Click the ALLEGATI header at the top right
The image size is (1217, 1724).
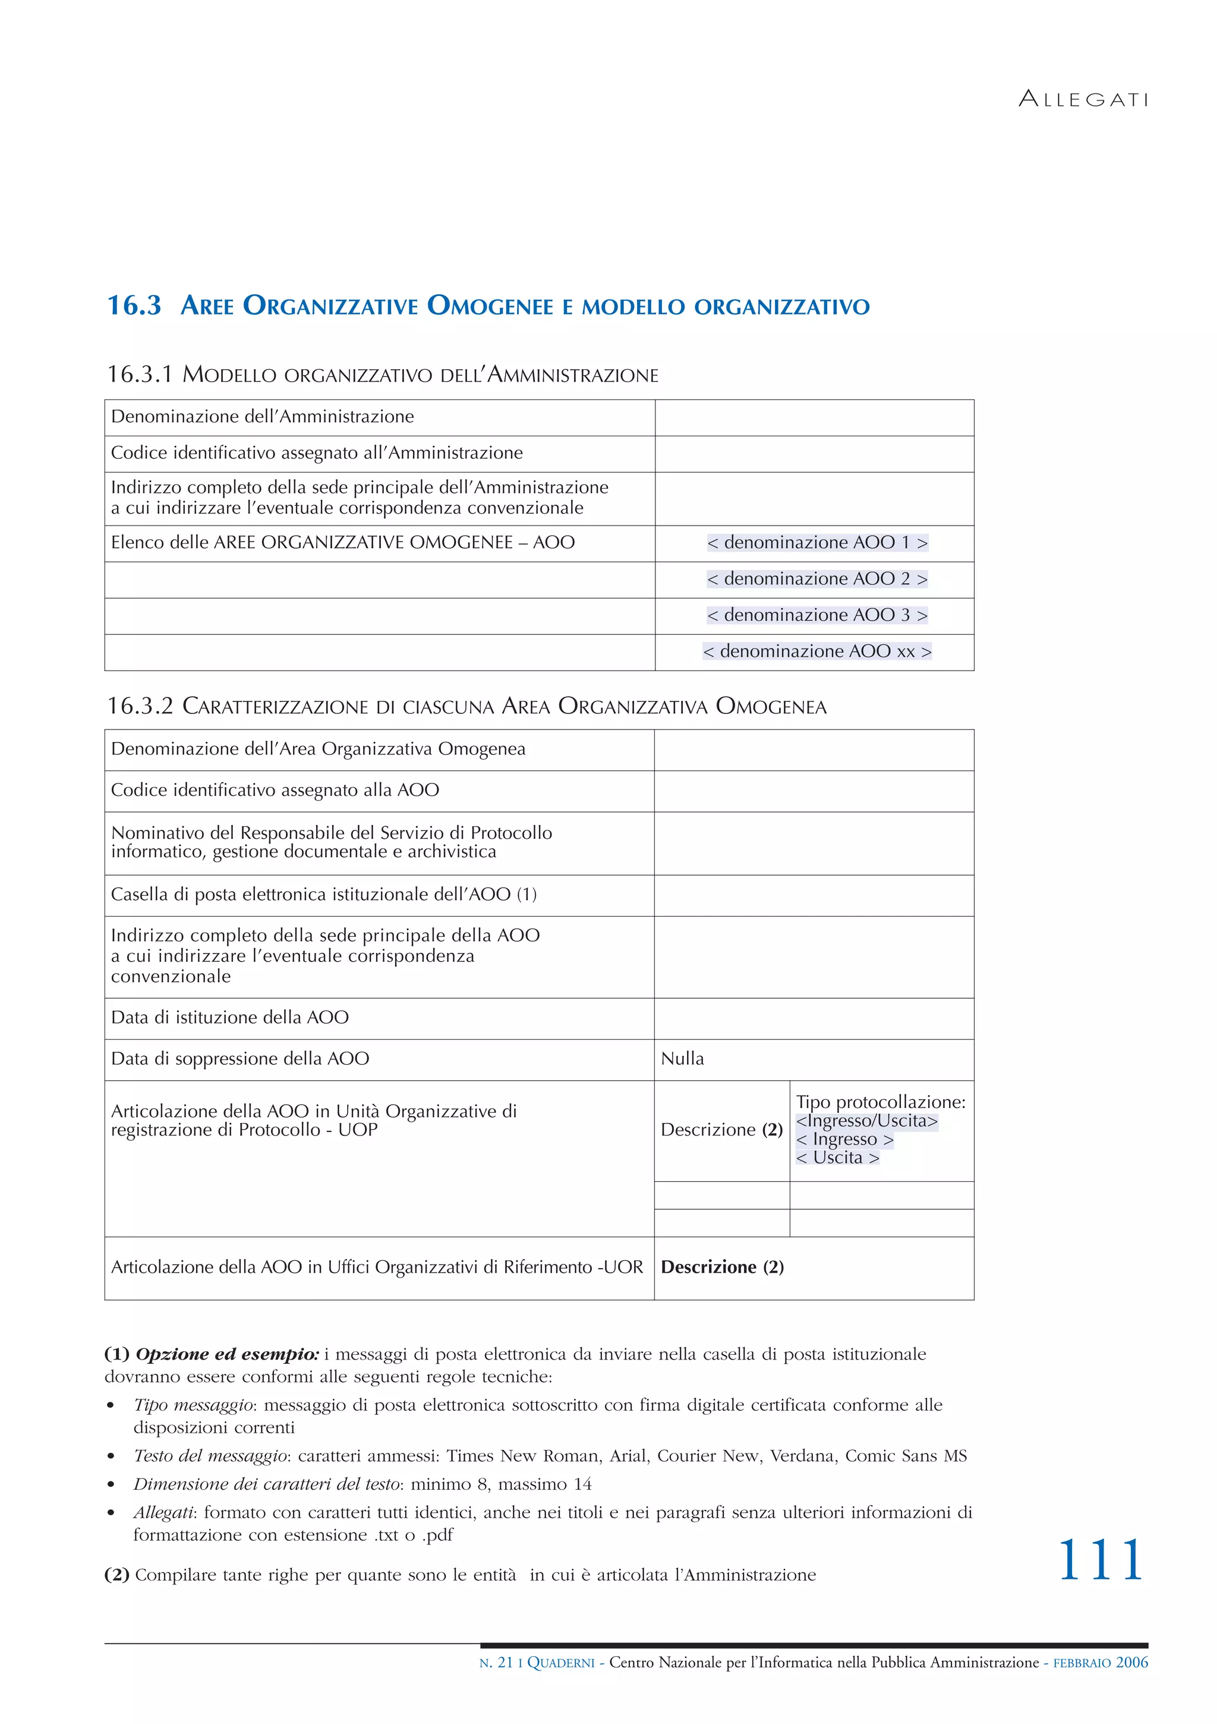click(1083, 99)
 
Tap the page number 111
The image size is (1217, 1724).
click(1100, 1561)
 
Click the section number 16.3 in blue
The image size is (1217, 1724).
click(134, 306)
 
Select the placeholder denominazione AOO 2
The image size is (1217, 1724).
click(817, 579)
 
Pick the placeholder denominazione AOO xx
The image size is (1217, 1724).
click(817, 652)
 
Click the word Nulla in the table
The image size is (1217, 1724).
click(682, 1059)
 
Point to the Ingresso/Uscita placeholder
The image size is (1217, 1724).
click(867, 1121)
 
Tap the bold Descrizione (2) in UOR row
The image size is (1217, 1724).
click(722, 1267)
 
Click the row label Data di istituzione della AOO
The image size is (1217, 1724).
click(230, 1017)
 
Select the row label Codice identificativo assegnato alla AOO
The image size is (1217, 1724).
click(275, 790)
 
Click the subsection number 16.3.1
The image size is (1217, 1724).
click(140, 374)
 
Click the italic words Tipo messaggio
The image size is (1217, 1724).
click(194, 1405)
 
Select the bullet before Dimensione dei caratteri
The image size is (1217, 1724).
click(111, 1485)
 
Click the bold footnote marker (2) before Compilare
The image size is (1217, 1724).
click(117, 1575)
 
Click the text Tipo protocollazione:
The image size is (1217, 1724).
click(881, 1102)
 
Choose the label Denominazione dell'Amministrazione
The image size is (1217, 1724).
click(262, 417)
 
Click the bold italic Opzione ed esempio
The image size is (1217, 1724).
click(227, 1354)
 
